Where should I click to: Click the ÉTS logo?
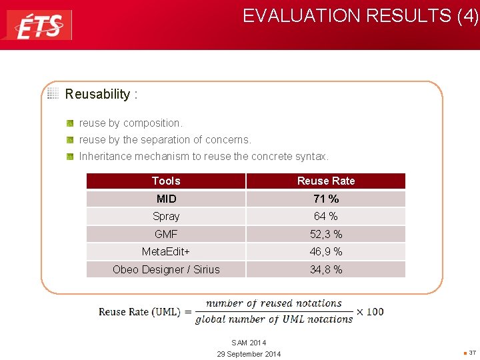click(x=39, y=25)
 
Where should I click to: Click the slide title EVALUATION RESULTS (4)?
click(x=360, y=16)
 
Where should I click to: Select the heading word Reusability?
click(x=97, y=94)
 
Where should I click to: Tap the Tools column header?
click(x=166, y=181)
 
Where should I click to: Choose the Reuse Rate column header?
click(x=326, y=181)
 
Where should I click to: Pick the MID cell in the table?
click(x=166, y=199)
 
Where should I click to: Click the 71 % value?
click(x=326, y=199)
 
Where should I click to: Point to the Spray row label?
click(x=166, y=216)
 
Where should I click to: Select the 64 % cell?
click(x=326, y=216)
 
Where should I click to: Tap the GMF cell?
click(x=166, y=234)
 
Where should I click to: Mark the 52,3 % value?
click(x=326, y=234)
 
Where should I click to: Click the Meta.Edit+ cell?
click(x=166, y=251)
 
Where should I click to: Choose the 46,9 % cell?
click(x=326, y=251)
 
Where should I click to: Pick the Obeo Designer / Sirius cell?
click(x=166, y=269)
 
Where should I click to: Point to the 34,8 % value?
click(x=326, y=269)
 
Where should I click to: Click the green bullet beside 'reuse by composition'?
click(x=70, y=123)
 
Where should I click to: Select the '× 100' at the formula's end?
click(x=369, y=311)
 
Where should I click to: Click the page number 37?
click(x=472, y=353)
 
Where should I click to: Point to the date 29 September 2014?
click(x=249, y=354)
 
